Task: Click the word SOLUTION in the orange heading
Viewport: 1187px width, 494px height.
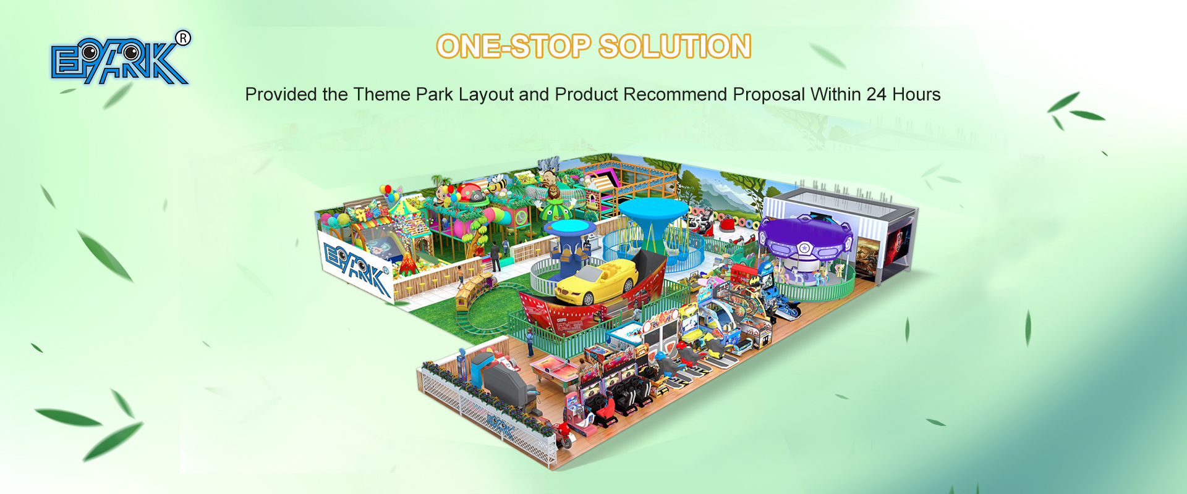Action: coord(674,46)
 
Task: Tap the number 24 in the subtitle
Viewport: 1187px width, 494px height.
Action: coord(877,94)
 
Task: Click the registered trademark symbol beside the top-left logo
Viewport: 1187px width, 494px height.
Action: coord(183,38)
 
